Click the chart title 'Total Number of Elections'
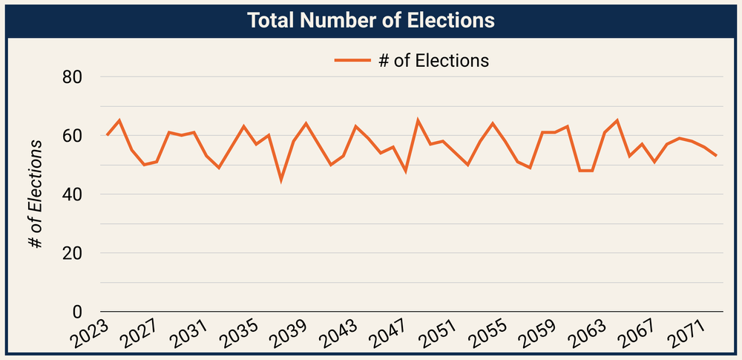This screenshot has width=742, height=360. click(371, 20)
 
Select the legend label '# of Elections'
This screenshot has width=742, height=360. click(433, 60)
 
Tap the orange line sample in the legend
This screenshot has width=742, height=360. click(352, 61)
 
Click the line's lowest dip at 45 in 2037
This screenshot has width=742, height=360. click(280, 180)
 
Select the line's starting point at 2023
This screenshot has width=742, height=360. click(107, 136)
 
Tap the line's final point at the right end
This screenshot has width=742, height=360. click(716, 156)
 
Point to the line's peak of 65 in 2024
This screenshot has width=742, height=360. click(119, 121)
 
